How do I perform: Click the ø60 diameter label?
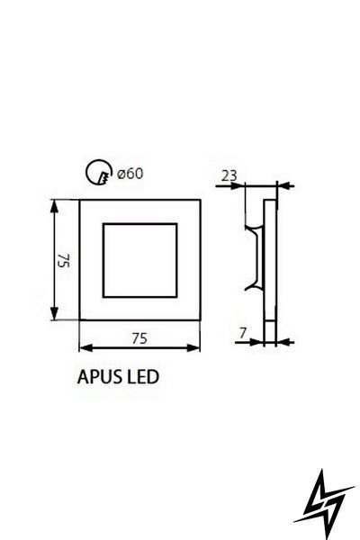pos(130,174)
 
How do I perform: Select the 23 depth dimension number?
pos(229,175)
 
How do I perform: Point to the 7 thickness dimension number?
pos(243,333)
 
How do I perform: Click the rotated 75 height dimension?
pos(65,260)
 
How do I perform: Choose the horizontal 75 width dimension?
pos(139,338)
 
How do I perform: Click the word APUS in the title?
pos(100,377)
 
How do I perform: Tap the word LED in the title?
pos(144,377)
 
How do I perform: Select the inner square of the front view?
pos(103,260)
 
